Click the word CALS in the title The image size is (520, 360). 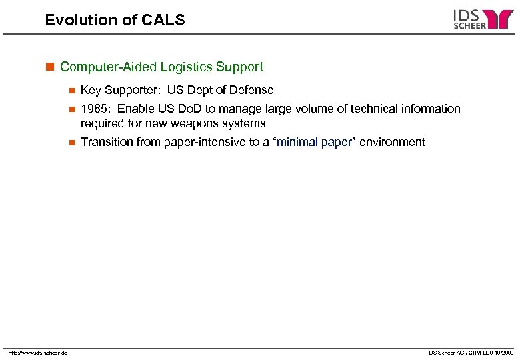[163, 20]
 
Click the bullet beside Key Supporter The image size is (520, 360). [71, 90]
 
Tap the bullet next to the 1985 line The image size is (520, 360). [71, 109]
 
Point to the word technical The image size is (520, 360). [373, 109]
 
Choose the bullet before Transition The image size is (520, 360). [71, 142]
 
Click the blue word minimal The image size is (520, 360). [297, 142]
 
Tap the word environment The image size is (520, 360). [392, 142]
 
